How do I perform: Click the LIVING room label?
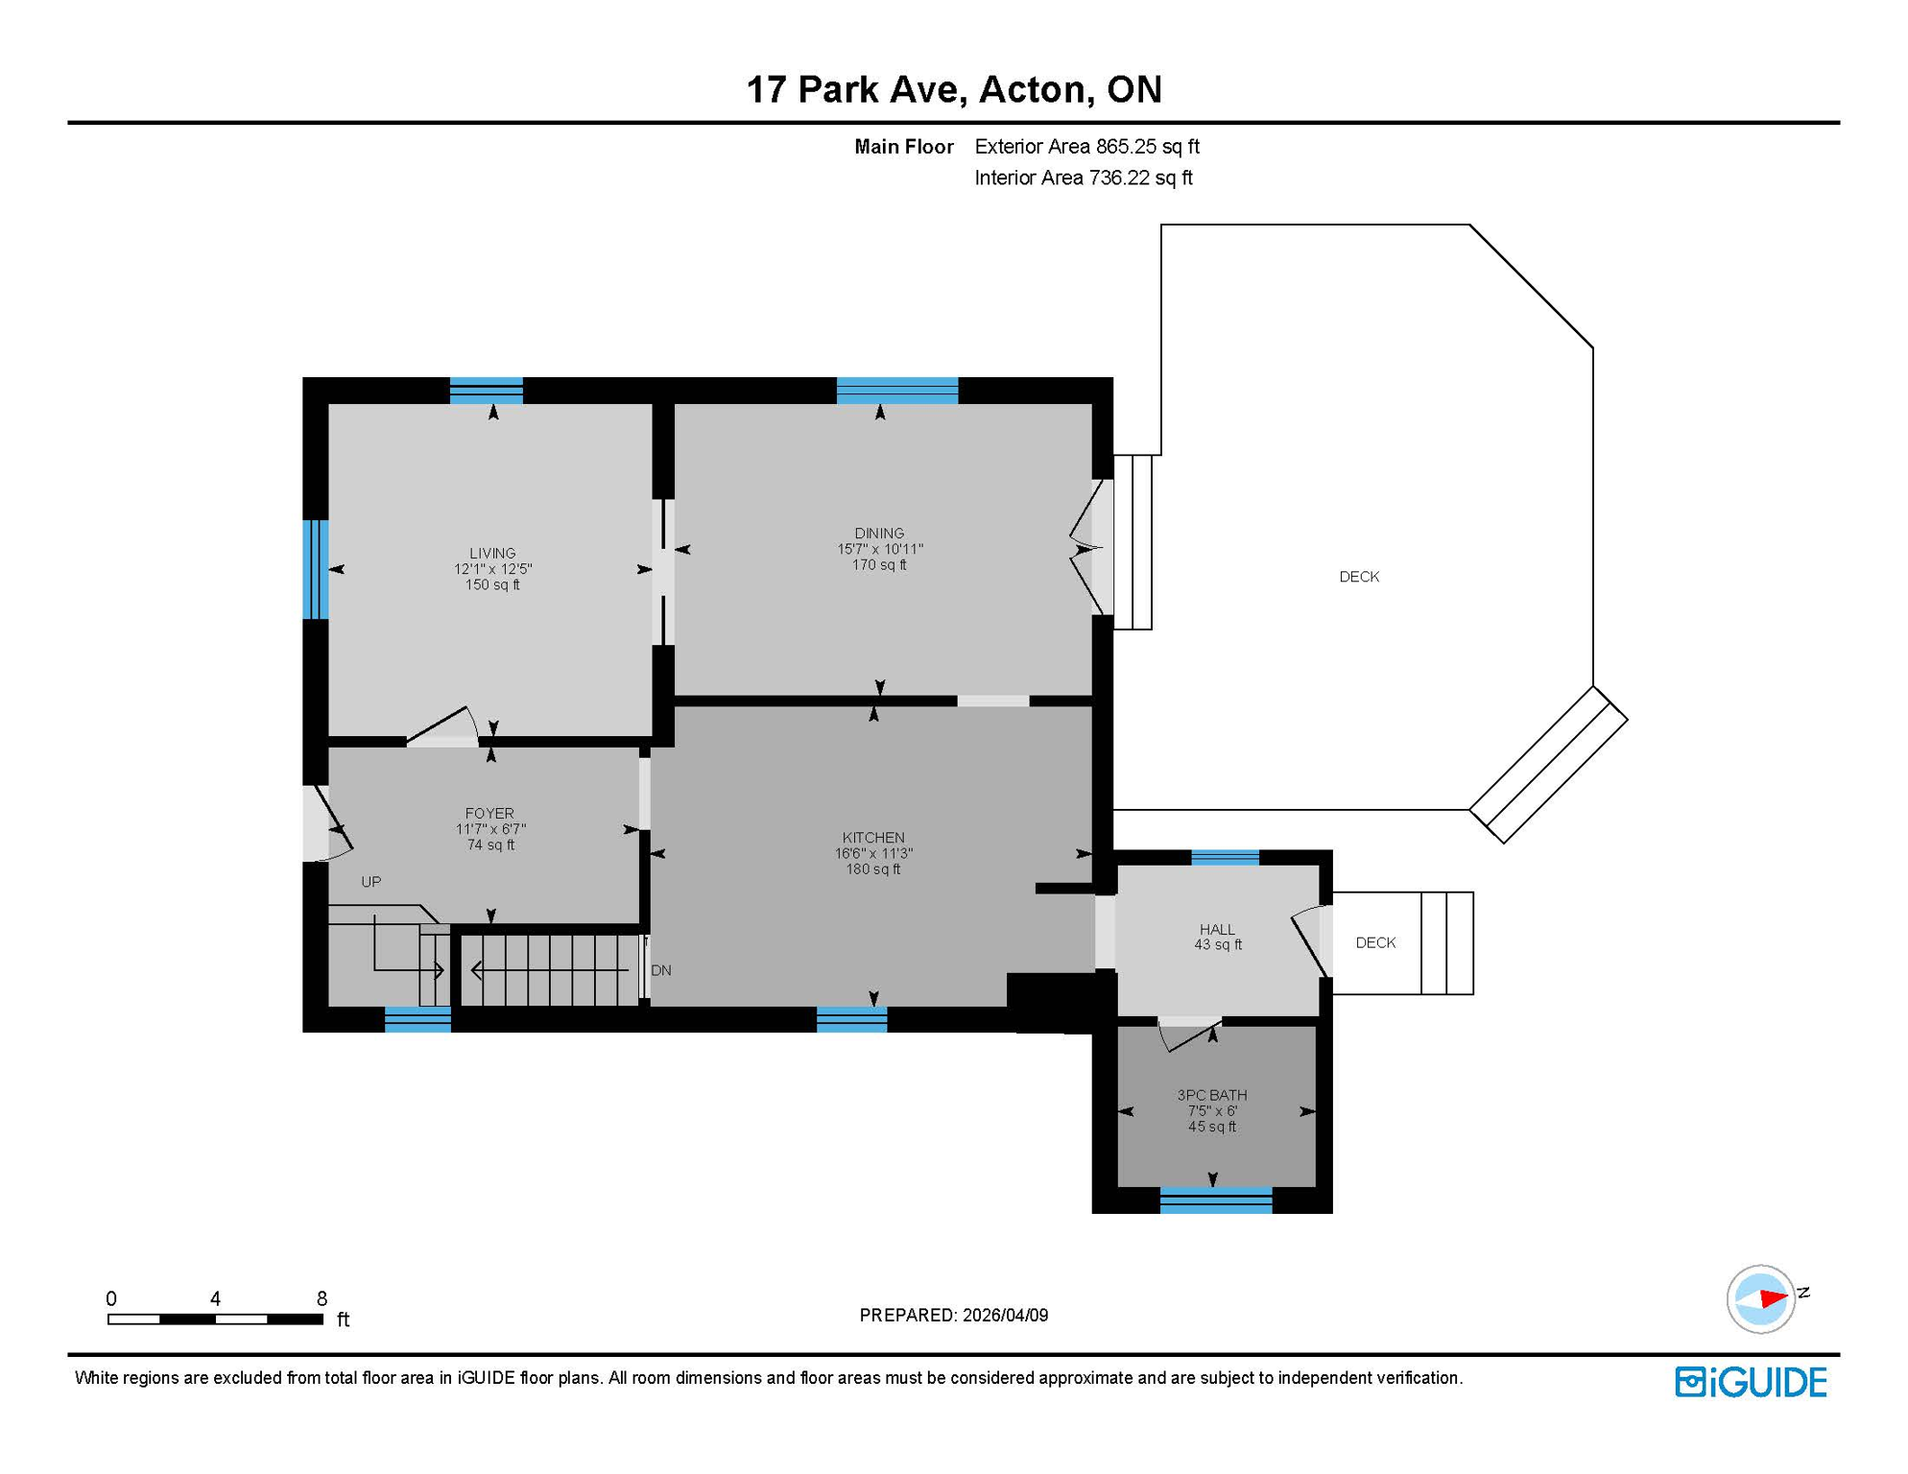(x=492, y=553)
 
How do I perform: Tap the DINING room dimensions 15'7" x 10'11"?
(x=879, y=549)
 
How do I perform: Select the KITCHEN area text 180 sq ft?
(x=872, y=869)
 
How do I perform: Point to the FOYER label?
(x=489, y=813)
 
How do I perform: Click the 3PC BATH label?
(x=1212, y=1095)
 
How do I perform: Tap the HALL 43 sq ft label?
(x=1217, y=938)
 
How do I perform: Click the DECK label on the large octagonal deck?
(x=1359, y=577)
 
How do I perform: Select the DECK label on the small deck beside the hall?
(x=1375, y=942)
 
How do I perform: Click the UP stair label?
(x=371, y=882)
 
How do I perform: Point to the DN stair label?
(x=661, y=970)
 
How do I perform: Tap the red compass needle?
(x=1773, y=1298)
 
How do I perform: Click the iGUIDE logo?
(x=1751, y=1382)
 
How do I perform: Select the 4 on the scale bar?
(x=215, y=1298)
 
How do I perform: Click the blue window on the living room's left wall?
(x=315, y=569)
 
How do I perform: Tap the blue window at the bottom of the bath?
(x=1215, y=1201)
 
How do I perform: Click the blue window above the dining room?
(x=896, y=391)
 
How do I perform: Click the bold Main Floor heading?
(x=903, y=147)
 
